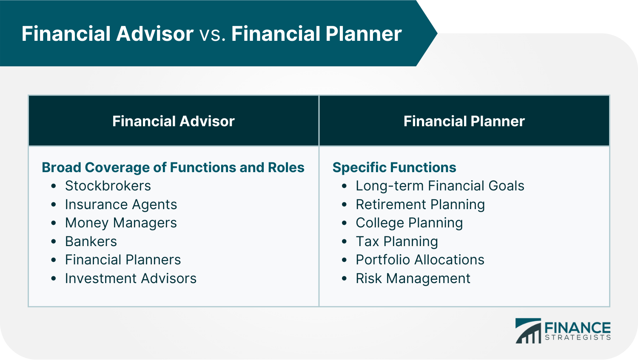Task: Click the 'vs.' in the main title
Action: (x=212, y=34)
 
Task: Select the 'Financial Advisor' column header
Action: (x=173, y=121)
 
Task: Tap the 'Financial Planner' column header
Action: (x=464, y=121)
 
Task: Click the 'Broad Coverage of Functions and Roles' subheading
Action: (x=173, y=167)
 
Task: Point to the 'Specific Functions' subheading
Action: (x=394, y=167)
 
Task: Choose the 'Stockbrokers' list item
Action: (x=108, y=186)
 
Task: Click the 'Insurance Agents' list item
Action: (x=121, y=204)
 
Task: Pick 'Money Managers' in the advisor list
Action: (x=121, y=223)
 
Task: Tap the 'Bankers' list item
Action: (x=91, y=241)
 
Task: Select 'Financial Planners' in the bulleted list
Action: (x=123, y=260)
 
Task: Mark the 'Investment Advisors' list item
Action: (x=131, y=278)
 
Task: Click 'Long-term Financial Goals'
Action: (x=440, y=186)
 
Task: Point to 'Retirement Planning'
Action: (x=420, y=204)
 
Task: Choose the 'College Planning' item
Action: (x=409, y=223)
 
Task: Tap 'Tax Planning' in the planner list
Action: (x=397, y=241)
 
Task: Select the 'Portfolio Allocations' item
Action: (x=420, y=260)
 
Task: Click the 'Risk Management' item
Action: (x=413, y=278)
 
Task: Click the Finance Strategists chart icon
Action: (x=528, y=331)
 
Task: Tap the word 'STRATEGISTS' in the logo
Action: (x=578, y=337)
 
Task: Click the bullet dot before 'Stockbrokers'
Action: (x=54, y=186)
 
